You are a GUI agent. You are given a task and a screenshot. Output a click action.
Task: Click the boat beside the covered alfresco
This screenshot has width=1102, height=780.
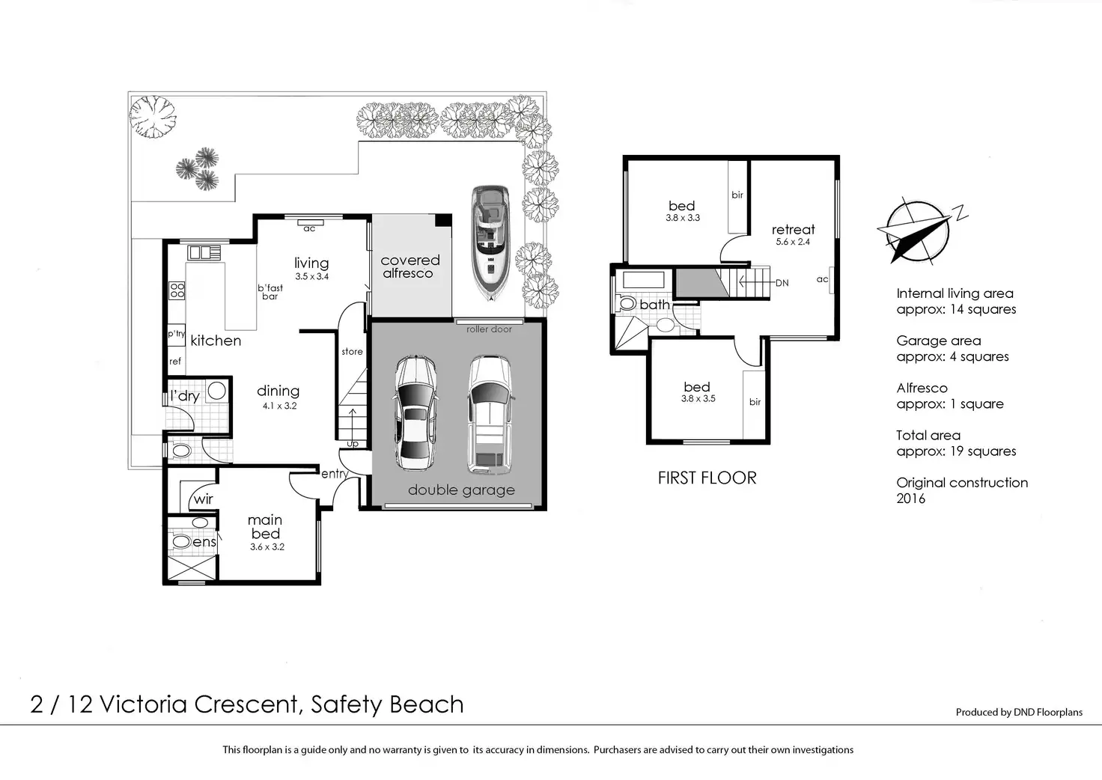point(490,243)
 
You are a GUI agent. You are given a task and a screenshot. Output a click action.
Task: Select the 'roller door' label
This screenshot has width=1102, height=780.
point(489,329)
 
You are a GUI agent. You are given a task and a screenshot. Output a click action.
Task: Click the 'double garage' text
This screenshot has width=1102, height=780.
point(461,490)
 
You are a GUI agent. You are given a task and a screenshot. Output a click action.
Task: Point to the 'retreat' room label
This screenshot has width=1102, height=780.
point(793,229)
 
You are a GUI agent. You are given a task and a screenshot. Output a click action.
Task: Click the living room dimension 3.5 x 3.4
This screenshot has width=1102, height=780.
point(312,276)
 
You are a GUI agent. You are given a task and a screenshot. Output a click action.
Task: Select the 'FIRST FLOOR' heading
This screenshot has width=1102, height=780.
point(707,478)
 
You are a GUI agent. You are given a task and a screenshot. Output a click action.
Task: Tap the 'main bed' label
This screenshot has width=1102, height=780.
point(265,527)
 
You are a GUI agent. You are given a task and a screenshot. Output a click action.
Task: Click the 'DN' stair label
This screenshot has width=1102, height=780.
point(782,283)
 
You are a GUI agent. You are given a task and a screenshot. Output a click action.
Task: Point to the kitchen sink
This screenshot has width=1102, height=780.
point(204,253)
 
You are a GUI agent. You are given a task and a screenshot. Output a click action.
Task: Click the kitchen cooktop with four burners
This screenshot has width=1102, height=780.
point(177,290)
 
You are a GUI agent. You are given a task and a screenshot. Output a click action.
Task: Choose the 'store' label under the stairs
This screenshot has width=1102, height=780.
point(353,352)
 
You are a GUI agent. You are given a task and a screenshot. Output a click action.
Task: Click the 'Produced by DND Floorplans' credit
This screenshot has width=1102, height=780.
point(1019,712)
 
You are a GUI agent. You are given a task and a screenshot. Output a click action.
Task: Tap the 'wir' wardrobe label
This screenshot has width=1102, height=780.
point(203,499)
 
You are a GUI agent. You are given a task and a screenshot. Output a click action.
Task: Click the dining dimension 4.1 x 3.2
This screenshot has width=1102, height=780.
point(279,406)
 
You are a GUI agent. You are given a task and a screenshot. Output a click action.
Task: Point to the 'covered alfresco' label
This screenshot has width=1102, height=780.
point(410,266)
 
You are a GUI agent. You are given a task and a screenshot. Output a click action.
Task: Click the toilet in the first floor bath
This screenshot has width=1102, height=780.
point(627,303)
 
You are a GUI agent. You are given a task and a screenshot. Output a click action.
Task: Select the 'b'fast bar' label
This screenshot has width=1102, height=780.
point(270,292)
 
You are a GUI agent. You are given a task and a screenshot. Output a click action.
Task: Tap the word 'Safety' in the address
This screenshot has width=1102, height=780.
point(346,705)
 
